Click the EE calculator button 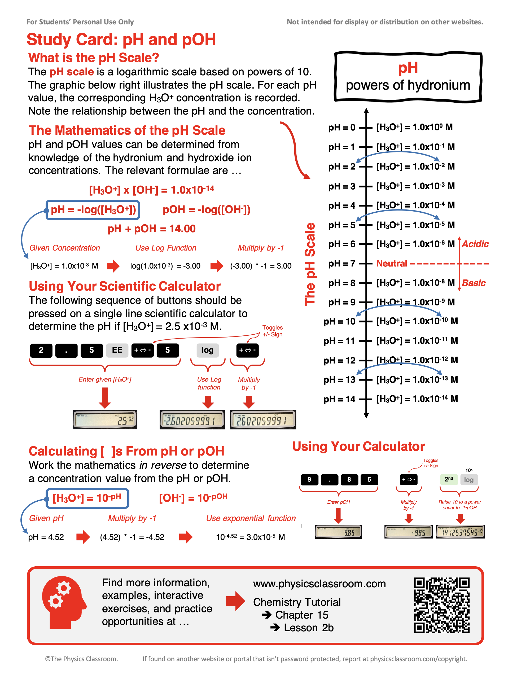coord(117,350)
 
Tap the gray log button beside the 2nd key coord(468,480)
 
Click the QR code coord(442,605)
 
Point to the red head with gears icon coord(64,602)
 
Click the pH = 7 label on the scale coord(341,263)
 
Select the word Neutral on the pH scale coord(392,263)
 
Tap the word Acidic coord(475,244)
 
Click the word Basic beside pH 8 coord(474,283)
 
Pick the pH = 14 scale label coord(339,399)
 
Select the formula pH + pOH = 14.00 coord(151,229)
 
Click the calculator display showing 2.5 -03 coord(105,420)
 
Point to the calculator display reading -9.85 coord(408,532)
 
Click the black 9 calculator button coord(309,480)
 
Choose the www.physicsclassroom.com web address coord(319,584)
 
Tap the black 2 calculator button coord(41,350)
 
